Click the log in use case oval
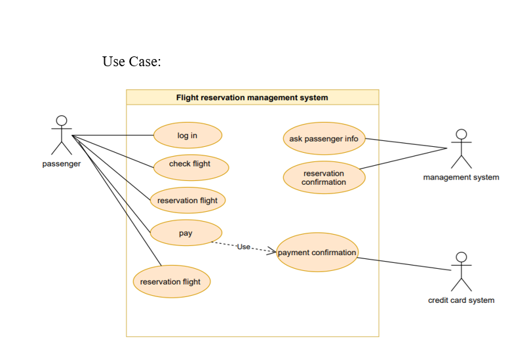point(187,136)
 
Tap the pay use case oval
point(186,233)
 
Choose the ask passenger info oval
point(324,139)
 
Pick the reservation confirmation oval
point(324,178)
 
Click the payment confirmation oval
point(317,252)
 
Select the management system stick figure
point(461,149)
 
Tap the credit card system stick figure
point(462,271)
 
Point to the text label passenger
point(62,164)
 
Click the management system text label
point(461,177)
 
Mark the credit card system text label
point(462,300)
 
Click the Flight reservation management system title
point(252,98)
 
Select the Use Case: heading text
point(131,62)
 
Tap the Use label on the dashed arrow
point(243,247)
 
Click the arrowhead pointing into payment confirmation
point(272,251)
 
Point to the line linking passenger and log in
point(111,136)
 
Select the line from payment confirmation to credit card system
point(403,264)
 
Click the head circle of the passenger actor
point(62,121)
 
